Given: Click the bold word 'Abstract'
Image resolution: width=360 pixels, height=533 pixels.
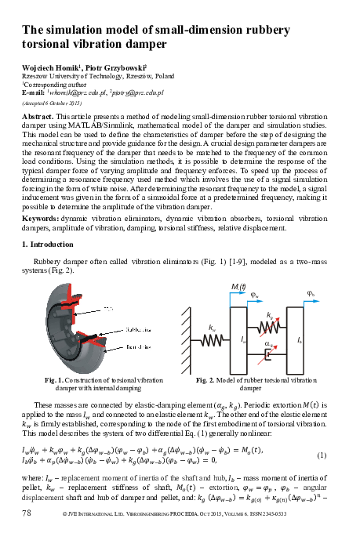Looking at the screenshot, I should [x=38, y=115].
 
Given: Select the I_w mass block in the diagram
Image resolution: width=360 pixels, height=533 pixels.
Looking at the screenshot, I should [x=245, y=337].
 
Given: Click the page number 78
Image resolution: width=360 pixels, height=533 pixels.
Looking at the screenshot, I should [x=26, y=512].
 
